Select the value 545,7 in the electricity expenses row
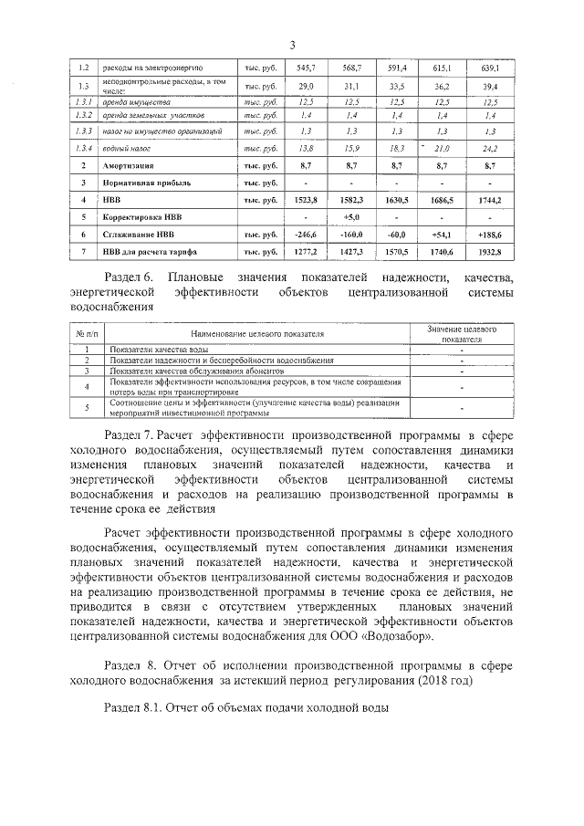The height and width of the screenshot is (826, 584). coord(306,68)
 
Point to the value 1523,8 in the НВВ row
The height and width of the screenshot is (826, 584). coord(306,199)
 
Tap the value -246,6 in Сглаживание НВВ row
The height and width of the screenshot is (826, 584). coord(306,234)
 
